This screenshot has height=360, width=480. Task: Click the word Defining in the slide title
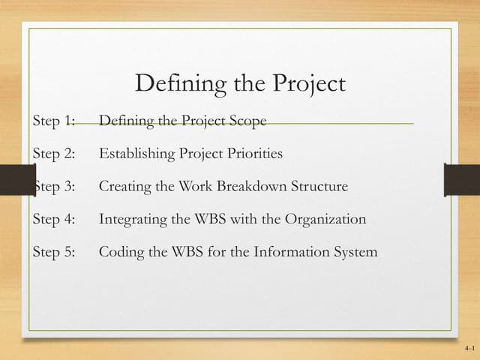pyautogui.click(x=172, y=84)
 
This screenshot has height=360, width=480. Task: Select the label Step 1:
pyautogui.click(x=55, y=121)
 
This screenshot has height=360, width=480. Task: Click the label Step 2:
pyautogui.click(x=55, y=154)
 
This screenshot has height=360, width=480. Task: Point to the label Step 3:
pyautogui.click(x=55, y=187)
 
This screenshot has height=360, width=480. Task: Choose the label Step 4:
pyautogui.click(x=55, y=220)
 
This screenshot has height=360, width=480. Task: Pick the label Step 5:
pyautogui.click(x=55, y=252)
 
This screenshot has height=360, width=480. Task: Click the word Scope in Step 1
pyautogui.click(x=248, y=121)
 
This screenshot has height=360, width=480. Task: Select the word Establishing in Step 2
pyautogui.click(x=137, y=154)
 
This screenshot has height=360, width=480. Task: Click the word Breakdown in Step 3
pyautogui.click(x=255, y=187)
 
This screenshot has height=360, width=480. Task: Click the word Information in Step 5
pyautogui.click(x=288, y=252)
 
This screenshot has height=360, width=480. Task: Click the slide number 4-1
pyautogui.click(x=469, y=349)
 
